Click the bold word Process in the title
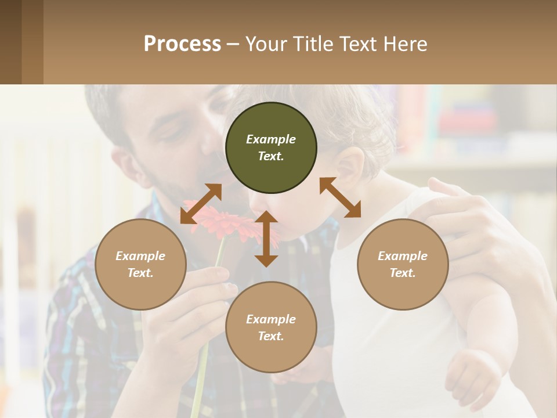point(182,44)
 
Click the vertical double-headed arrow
point(266,239)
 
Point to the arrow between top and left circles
point(201,204)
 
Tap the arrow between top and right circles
point(340,197)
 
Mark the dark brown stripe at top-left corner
point(10,42)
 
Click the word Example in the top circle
point(271,139)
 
